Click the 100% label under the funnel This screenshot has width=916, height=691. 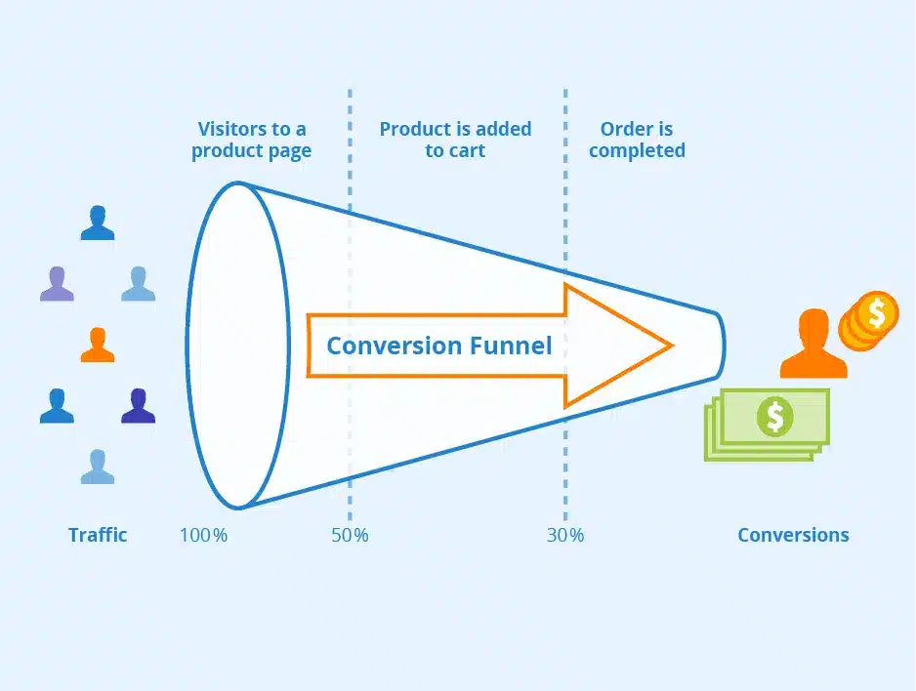(203, 535)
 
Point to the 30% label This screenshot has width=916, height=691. (564, 535)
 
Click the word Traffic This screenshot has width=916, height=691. (98, 535)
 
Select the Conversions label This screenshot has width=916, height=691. (793, 535)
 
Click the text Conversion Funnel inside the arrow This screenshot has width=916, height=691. (438, 345)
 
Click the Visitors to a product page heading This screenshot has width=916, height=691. (251, 140)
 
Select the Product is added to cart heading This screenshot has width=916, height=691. (455, 140)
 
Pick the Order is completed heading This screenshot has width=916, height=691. (637, 140)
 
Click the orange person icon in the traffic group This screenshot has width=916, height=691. (98, 345)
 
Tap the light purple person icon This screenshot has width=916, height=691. (57, 284)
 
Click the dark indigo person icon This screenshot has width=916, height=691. (138, 406)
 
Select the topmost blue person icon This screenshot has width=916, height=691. (98, 224)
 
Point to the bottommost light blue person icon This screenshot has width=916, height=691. (98, 467)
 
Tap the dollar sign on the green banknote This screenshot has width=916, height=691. (774, 417)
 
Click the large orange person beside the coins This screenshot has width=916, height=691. (812, 345)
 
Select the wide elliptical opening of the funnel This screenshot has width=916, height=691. (237, 345)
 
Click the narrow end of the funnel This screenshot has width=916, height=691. (719, 345)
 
